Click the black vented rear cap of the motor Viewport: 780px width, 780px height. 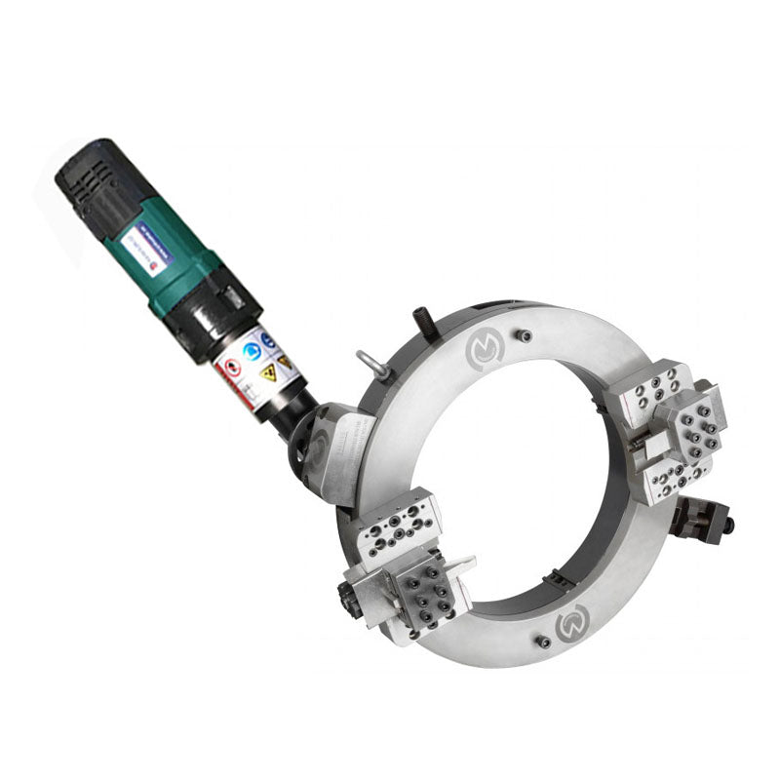pyautogui.click(x=97, y=181)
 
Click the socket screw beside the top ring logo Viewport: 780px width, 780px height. pyautogui.click(x=525, y=335)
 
